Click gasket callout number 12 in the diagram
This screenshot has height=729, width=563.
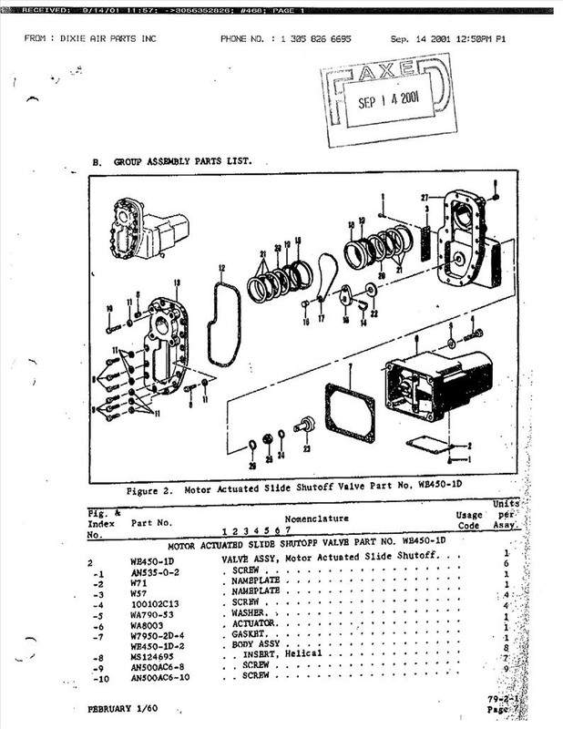click(x=221, y=270)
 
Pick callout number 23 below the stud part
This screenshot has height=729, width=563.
click(x=305, y=448)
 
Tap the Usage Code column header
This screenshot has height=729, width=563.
click(x=470, y=520)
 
